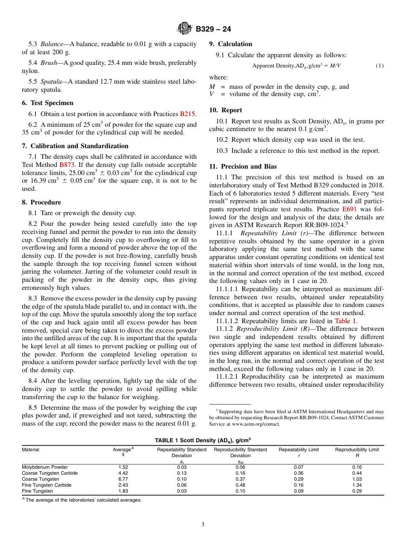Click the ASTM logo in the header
coord(185,29)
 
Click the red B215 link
coord(188,114)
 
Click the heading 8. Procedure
coord(41,202)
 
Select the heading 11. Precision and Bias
coord(243,166)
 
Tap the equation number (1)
coord(380,66)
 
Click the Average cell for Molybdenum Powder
coord(123,467)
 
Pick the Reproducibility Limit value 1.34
coord(357,485)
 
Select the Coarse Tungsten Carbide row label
coord(50,473)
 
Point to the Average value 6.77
coord(123,479)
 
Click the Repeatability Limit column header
coord(299,450)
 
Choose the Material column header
coord(30,450)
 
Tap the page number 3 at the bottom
coord(203,525)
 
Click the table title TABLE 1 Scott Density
coord(203,440)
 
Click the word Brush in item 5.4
coord(48,63)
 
